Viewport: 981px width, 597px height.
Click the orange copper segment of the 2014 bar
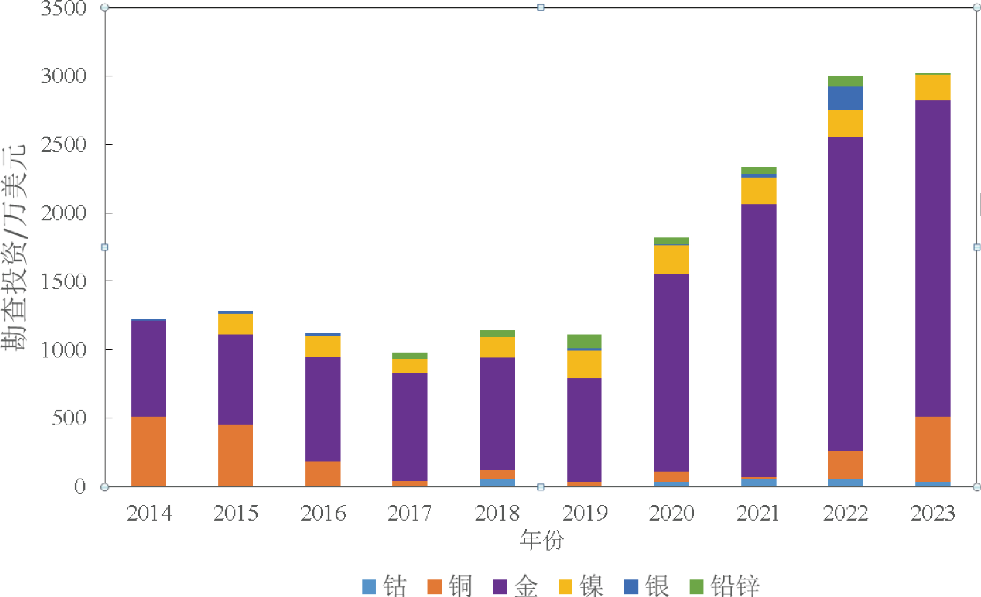pyautogui.click(x=148, y=451)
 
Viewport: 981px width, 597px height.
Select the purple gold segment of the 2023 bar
pyautogui.click(x=932, y=258)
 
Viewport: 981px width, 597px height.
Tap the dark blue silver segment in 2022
pyautogui.click(x=845, y=98)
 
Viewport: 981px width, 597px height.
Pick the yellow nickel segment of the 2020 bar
pyautogui.click(x=671, y=260)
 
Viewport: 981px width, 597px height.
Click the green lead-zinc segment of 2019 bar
pyautogui.click(x=584, y=341)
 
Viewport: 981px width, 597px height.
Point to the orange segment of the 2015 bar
pyautogui.click(x=235, y=455)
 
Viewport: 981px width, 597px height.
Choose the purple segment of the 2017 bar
pyautogui.click(x=410, y=427)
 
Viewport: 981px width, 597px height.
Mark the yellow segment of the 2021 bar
pyautogui.click(x=758, y=191)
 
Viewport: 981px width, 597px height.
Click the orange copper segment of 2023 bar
pyautogui.click(x=932, y=449)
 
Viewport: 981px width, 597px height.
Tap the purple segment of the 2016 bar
pyautogui.click(x=323, y=409)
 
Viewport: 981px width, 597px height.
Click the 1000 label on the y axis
pyautogui.click(x=64, y=350)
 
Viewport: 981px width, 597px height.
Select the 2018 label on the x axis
pyautogui.click(x=497, y=513)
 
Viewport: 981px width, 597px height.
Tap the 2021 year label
pyautogui.click(x=758, y=513)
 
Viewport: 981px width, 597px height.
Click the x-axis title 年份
pyautogui.click(x=541, y=540)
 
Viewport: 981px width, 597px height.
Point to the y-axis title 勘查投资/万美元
pyautogui.click(x=14, y=248)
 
